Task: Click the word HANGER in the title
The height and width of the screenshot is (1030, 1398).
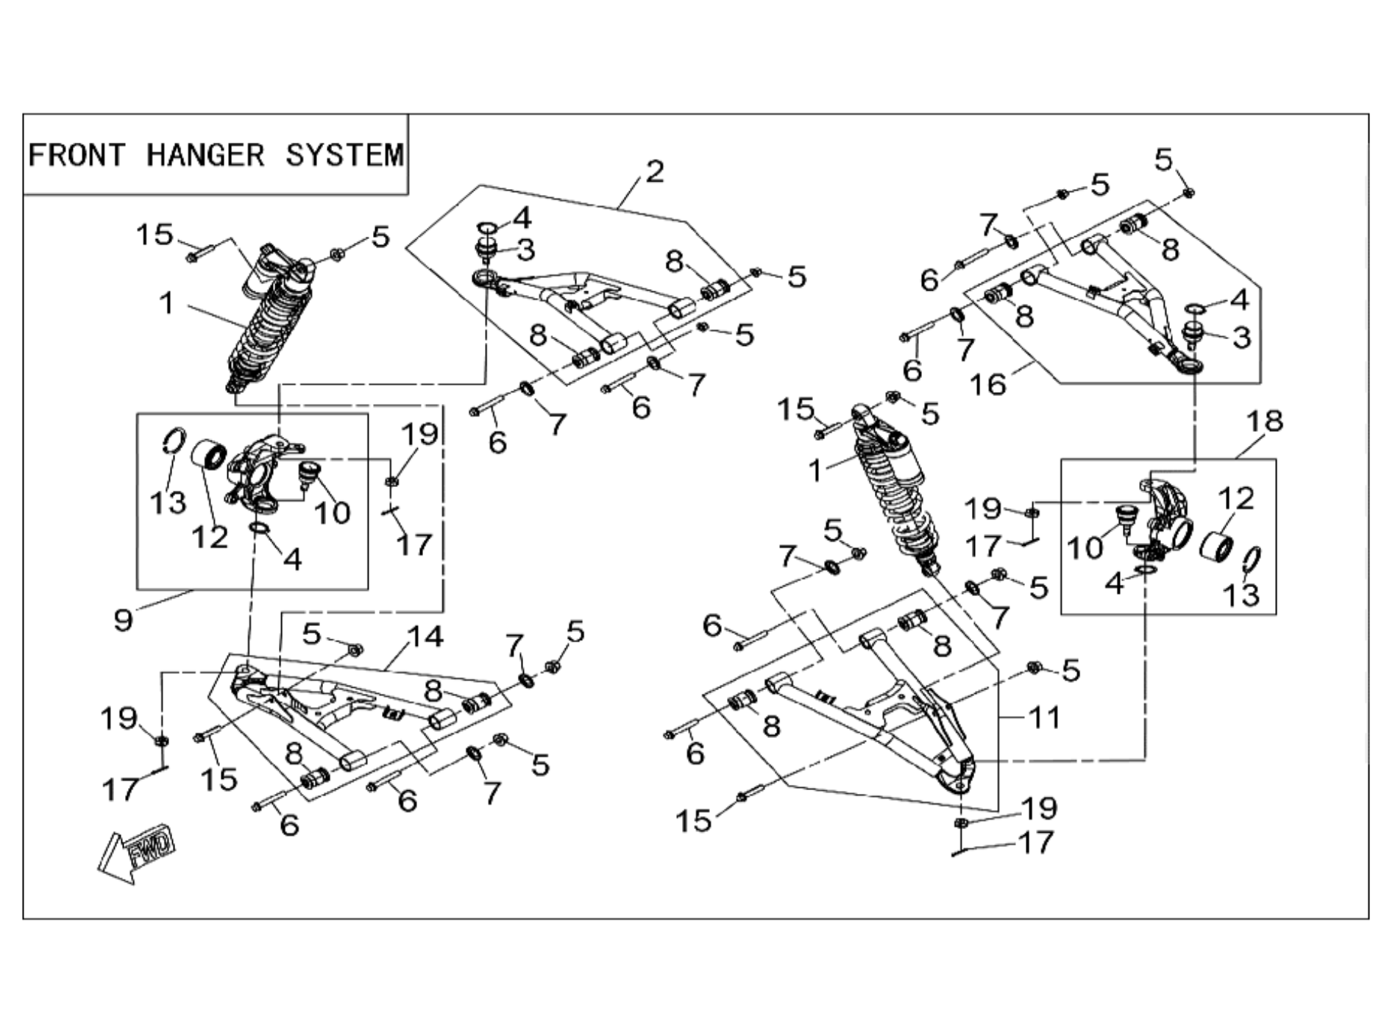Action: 205,155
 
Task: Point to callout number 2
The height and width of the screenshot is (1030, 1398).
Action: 654,172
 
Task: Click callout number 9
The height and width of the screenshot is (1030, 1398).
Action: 124,619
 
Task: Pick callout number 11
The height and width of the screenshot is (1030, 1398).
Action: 1045,717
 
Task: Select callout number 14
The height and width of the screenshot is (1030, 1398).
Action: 425,637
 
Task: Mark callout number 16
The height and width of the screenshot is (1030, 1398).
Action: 987,384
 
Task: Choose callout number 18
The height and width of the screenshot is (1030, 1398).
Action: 1264,422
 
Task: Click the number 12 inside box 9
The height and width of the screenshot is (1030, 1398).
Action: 210,537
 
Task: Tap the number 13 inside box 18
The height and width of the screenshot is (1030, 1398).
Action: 1241,594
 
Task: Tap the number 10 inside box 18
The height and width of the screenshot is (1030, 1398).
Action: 1085,547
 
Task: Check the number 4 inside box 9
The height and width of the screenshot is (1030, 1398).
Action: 292,559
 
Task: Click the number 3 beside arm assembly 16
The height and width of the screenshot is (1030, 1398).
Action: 1241,338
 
